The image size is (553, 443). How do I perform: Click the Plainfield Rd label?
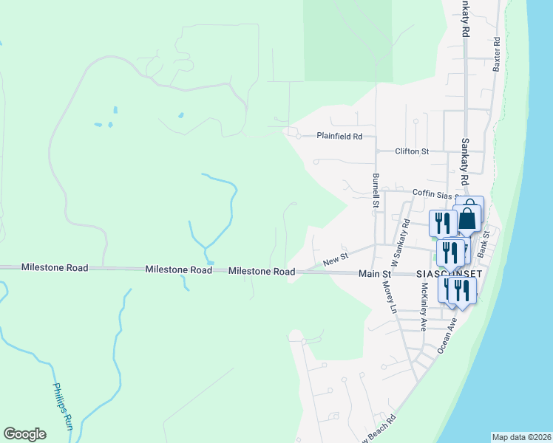point(339,137)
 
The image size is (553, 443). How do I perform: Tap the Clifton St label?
point(412,151)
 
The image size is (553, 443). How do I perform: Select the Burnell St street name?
point(376,190)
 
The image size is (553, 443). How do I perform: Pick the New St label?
point(335,260)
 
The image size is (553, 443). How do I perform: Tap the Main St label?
point(374,273)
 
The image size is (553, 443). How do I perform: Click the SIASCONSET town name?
point(449,273)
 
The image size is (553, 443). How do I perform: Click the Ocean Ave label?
point(446,334)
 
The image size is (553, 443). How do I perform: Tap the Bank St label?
point(484,244)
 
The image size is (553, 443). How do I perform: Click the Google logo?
point(24,435)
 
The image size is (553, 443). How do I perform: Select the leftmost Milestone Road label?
point(55,267)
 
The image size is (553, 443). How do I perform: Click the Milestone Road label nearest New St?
point(262,272)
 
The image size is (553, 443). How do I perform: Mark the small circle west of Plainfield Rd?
point(298,137)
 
